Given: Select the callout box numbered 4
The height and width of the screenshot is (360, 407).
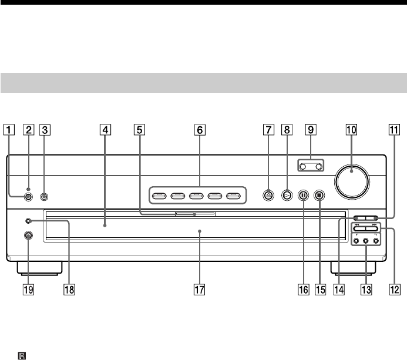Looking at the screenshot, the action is point(104,132).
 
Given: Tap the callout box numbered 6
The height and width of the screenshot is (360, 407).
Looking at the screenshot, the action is point(200,132).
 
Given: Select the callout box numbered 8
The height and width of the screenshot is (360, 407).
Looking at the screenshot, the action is point(286,132).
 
